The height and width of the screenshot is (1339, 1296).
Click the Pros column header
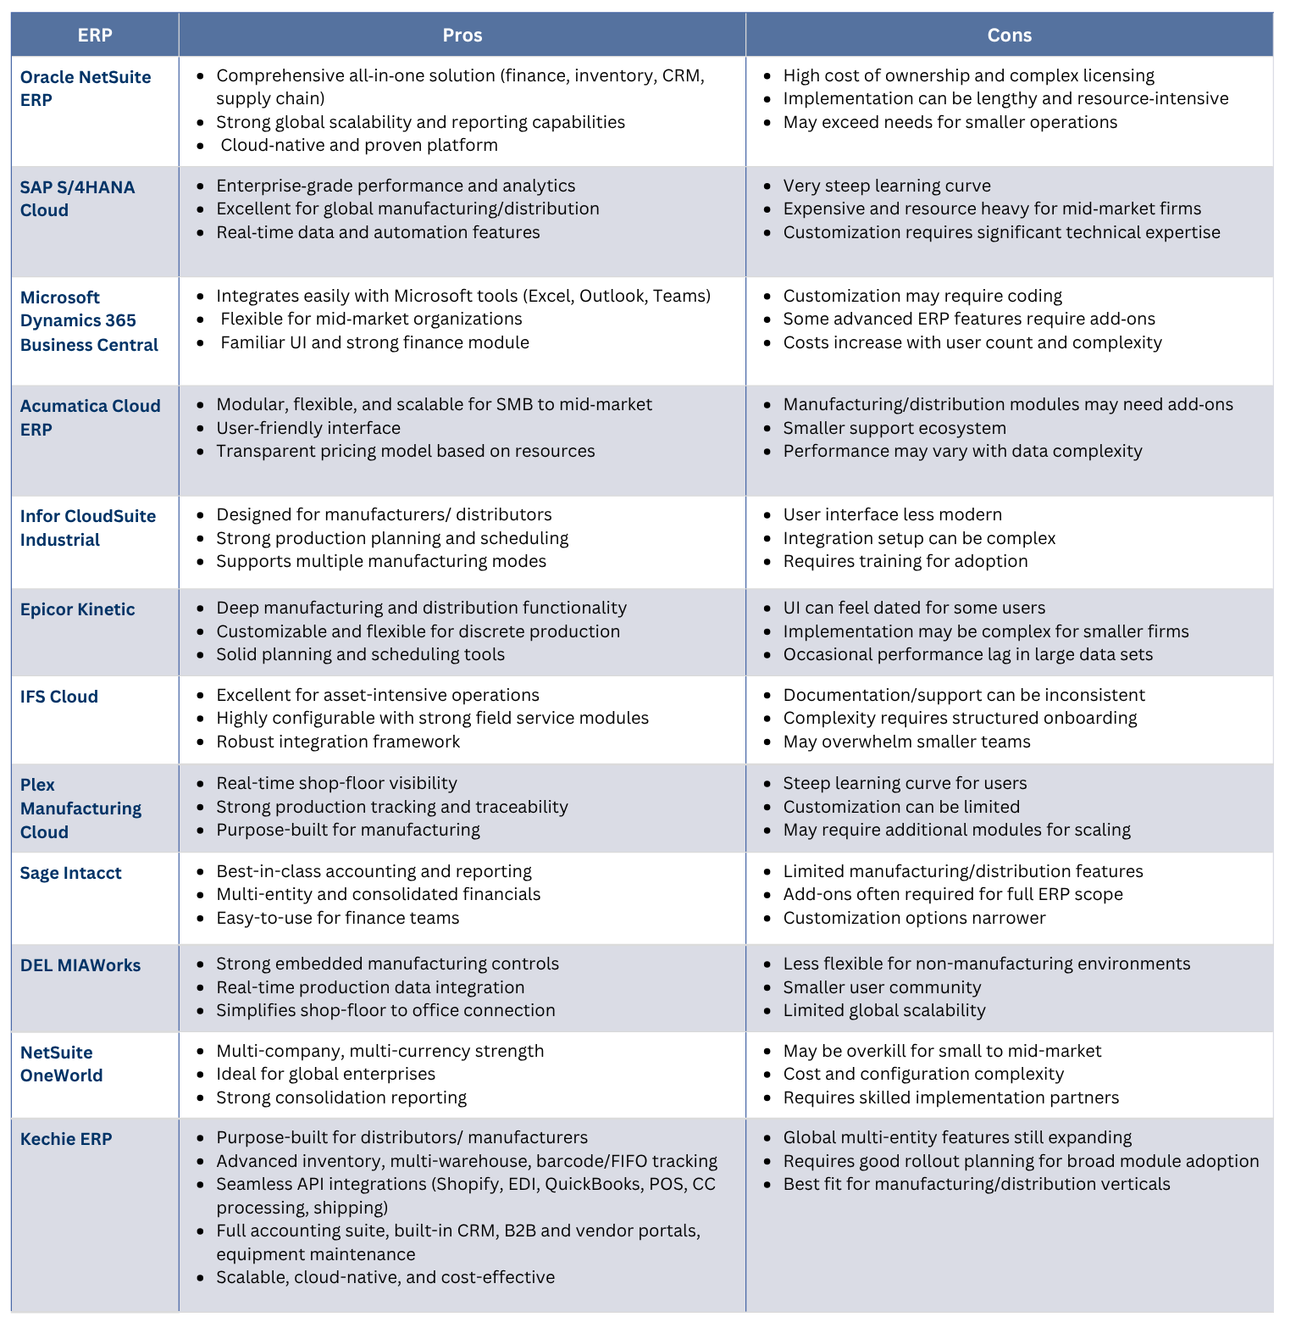coord(462,35)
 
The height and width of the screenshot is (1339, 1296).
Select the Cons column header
coord(1009,35)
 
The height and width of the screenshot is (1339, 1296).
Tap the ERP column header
coord(95,35)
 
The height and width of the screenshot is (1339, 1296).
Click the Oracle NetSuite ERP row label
coord(85,88)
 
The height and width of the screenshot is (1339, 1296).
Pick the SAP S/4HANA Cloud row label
coord(77,198)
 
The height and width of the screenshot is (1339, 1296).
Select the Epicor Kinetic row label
coord(77,609)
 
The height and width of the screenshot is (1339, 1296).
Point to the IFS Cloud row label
coord(59,697)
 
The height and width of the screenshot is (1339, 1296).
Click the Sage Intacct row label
coord(70,873)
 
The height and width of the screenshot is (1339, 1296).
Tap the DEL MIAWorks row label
coord(80,965)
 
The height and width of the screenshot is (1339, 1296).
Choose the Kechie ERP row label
coord(66,1139)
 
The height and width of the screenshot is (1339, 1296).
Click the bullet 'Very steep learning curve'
coord(886,186)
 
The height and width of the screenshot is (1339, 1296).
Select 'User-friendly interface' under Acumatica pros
coord(308,428)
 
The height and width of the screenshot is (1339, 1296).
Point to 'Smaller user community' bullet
coord(882,987)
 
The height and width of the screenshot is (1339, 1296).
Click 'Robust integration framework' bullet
coord(338,742)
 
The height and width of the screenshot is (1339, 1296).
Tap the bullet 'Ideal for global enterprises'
coord(325,1074)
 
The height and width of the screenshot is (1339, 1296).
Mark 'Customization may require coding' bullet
coord(922,296)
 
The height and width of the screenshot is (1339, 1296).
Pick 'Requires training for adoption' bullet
coord(905,561)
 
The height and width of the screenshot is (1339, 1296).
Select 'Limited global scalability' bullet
coord(883,1010)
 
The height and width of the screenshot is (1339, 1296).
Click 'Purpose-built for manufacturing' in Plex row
coord(347,830)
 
